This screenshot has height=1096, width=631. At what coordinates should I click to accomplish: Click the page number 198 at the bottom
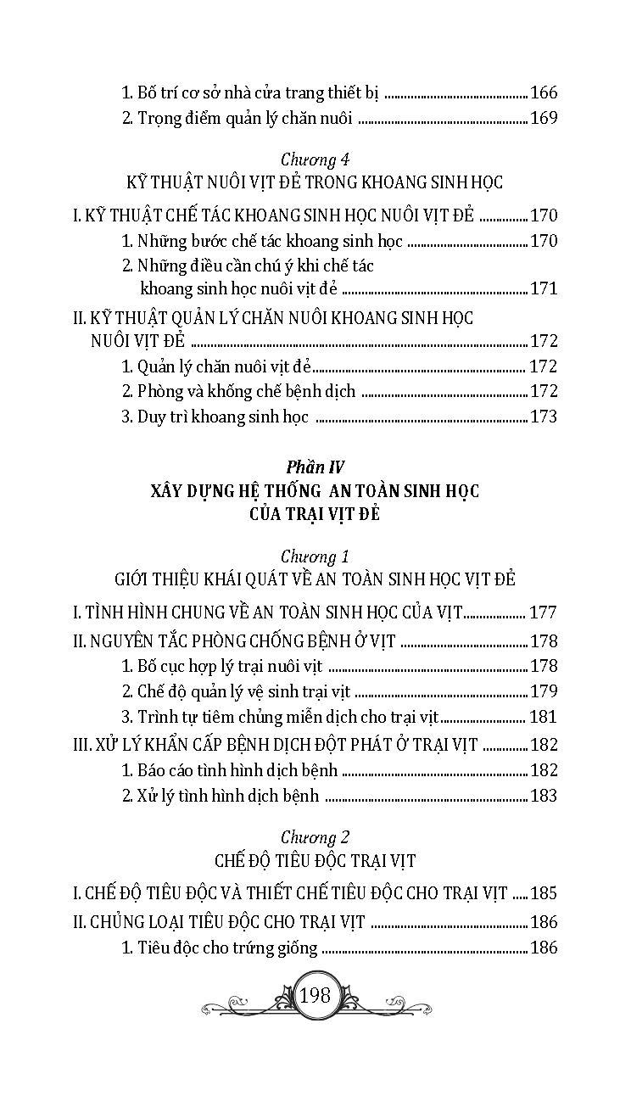[315, 994]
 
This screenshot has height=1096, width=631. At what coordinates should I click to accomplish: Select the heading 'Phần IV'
[315, 467]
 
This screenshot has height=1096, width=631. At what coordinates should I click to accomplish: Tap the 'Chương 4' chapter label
[315, 159]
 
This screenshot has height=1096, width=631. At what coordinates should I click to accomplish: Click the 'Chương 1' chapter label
[315, 556]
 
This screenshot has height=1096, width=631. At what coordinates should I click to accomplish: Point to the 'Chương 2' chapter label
[315, 836]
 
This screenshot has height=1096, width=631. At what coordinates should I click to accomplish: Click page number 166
[543, 94]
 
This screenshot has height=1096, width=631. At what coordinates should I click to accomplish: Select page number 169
[543, 119]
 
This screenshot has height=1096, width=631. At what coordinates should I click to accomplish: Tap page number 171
[543, 289]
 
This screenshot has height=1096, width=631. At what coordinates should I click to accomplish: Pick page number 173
[543, 417]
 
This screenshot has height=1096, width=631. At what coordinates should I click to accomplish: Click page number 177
[543, 612]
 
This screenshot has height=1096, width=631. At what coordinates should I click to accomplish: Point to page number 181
[543, 718]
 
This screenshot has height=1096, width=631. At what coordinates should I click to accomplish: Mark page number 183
[543, 795]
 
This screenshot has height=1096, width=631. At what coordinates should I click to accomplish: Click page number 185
[543, 893]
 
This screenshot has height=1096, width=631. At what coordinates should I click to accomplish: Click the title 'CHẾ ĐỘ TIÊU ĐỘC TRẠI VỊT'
[315, 861]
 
